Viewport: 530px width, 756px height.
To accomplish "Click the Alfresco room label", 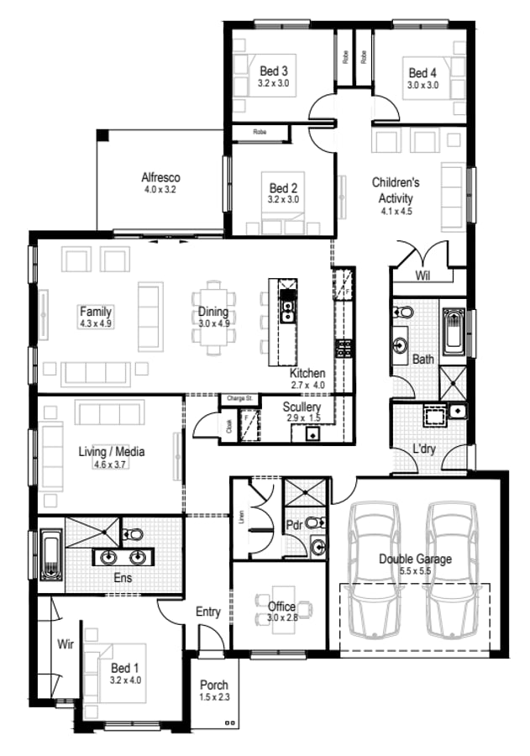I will click(x=160, y=178).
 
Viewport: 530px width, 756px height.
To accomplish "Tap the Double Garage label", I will click(x=415, y=559).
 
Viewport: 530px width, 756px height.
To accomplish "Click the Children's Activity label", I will click(x=396, y=190).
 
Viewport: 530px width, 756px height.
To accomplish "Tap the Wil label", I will click(x=422, y=276).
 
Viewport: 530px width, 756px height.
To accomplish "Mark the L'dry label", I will click(x=423, y=449).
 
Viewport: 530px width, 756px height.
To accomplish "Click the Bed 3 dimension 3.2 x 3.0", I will click(x=273, y=84).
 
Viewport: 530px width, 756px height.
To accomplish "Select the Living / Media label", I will click(x=112, y=452).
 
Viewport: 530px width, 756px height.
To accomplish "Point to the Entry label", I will click(x=207, y=612).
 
